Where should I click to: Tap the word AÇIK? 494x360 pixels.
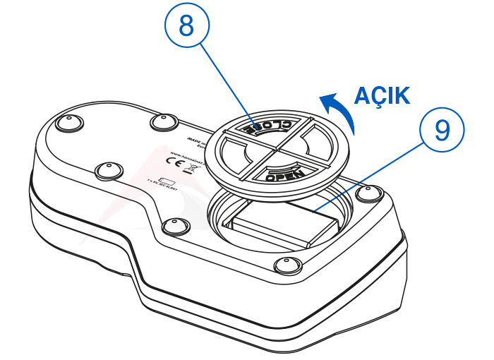point(381,95)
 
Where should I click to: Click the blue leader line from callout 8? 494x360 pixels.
point(226,81)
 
